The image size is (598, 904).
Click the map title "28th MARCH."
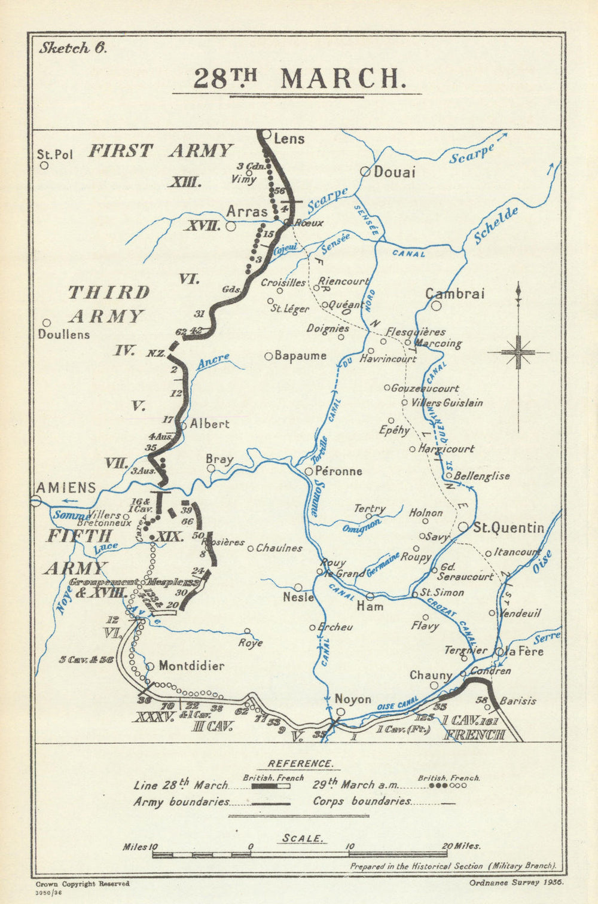coord(297,79)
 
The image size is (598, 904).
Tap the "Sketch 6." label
coord(72,48)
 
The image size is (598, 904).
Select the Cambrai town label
coord(454,294)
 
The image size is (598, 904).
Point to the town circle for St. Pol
coord(44,166)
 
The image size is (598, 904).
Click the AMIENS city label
coord(66,487)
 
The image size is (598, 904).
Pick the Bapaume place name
coord(300,356)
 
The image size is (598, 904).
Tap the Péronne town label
coord(338,471)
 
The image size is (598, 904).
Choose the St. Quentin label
coord(508,527)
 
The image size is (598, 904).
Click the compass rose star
coord(518,352)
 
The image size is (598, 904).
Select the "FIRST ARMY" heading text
coord(160,151)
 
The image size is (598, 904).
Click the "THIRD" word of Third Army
coord(109,292)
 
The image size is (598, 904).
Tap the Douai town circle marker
coord(364,172)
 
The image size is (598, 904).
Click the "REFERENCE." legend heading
coord(300,763)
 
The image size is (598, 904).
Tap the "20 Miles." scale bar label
coord(460,846)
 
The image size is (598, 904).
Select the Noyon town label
coord(353,699)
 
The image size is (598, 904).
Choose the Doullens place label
coord(64,334)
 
